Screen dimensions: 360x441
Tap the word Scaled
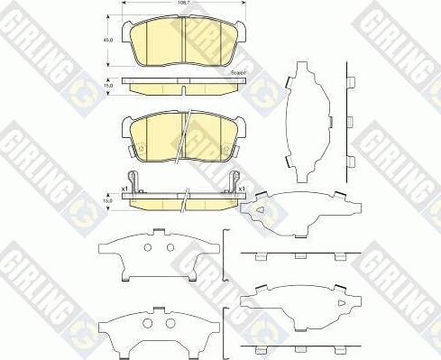[239, 72]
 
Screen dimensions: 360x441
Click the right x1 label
[243, 189]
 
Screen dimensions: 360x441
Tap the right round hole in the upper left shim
[168, 247]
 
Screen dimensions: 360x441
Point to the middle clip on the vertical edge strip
[348, 119]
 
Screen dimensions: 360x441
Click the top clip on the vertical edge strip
[348, 82]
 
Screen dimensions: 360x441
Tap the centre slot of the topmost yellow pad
[183, 42]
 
